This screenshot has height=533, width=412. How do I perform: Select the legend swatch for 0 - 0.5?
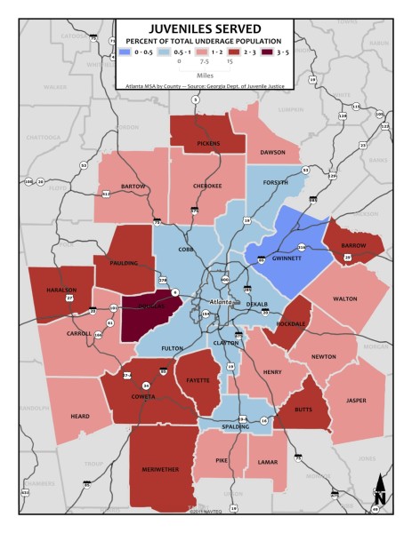[126, 52]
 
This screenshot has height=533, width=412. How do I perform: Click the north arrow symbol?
[380, 489]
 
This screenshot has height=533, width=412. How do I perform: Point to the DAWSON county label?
[272, 153]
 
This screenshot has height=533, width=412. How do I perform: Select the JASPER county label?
[356, 401]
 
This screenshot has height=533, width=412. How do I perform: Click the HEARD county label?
[79, 415]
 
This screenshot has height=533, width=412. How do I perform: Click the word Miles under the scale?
[204, 75]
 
